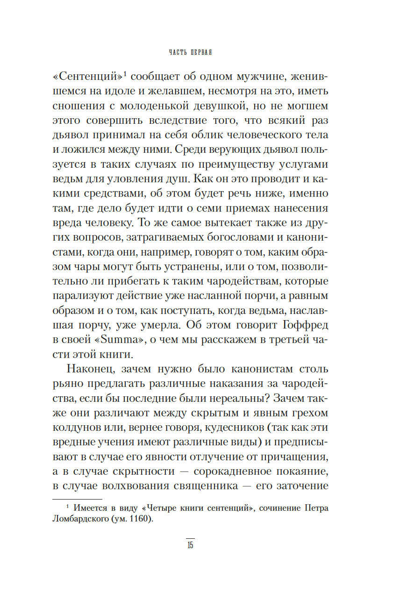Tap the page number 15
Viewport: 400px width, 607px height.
point(190,546)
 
